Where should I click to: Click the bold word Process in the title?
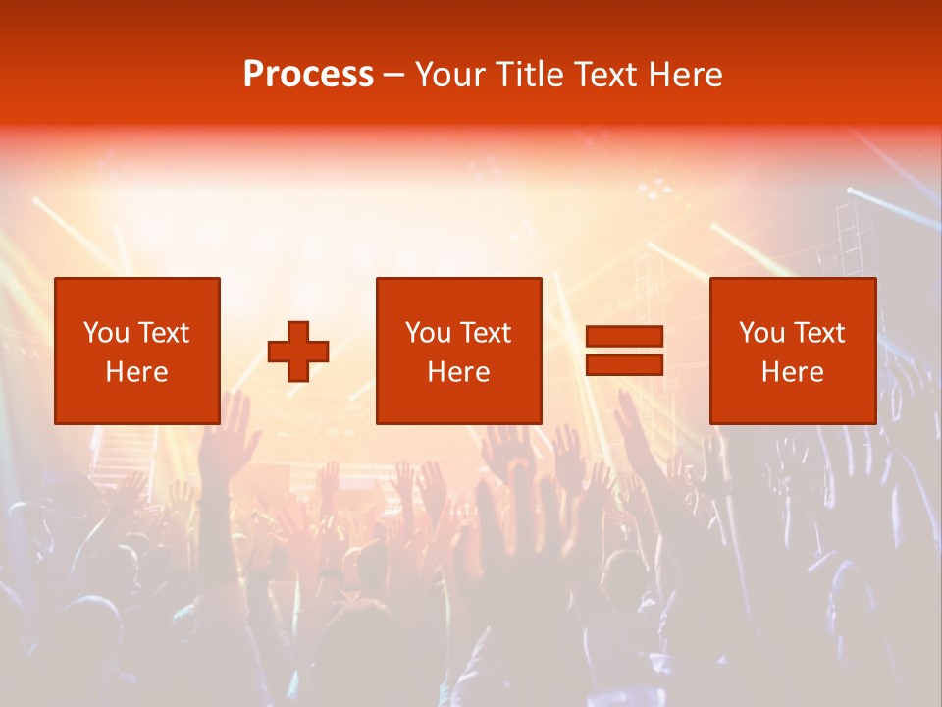pos(308,75)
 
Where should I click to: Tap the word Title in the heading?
pos(528,75)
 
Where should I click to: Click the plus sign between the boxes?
pos(298,351)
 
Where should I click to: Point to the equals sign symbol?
pos(624,351)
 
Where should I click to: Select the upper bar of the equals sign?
pos(624,337)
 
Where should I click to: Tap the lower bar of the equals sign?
pos(624,364)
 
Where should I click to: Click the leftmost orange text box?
pos(137,351)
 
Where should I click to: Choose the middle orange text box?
pos(459,351)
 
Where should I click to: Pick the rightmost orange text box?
pos(793,351)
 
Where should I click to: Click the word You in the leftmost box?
pos(105,333)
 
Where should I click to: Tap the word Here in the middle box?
pos(459,372)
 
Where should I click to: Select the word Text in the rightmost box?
pos(818,333)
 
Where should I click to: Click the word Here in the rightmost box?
pos(793,372)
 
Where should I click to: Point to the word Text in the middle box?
pos(485,333)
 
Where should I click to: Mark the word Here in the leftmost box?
pos(137,372)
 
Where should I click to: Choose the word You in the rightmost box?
pos(760,333)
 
